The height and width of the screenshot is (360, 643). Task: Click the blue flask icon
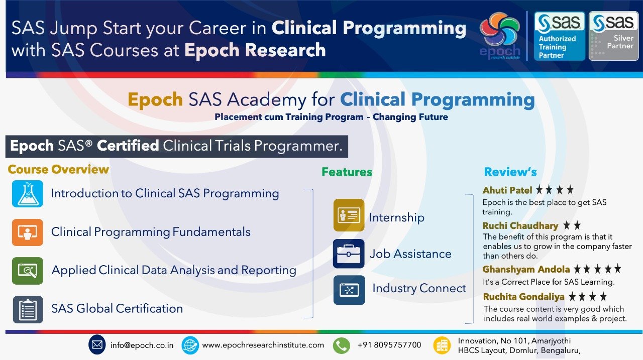point(28,194)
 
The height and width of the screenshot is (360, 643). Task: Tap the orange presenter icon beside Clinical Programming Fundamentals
point(28,232)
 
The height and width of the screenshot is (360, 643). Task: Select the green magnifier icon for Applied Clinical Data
point(28,271)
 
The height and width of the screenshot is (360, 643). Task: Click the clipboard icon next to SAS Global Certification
point(28,309)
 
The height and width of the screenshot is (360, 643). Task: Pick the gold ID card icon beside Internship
point(349,215)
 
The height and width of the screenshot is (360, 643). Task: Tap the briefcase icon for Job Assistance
point(349,254)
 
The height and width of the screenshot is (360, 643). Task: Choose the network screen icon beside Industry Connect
point(349,290)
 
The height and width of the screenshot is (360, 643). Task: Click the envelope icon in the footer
point(97,344)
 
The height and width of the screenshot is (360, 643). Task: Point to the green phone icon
point(341,345)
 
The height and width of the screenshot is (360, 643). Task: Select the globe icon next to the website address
point(190,345)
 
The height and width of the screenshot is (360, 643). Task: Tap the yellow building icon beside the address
point(442,345)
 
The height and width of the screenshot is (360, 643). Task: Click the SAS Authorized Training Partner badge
point(559,36)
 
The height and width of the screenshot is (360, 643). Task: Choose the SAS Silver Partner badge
point(613,36)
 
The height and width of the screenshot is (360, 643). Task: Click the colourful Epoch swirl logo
point(500,35)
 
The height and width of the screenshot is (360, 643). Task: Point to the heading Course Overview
point(58,169)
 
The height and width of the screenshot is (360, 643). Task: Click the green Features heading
point(347,172)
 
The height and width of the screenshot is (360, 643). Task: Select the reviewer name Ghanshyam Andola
point(526,269)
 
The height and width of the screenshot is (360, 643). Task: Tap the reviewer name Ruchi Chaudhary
point(520,226)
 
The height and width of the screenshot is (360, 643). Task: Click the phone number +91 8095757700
point(389,345)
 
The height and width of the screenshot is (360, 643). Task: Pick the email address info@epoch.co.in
point(142,345)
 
